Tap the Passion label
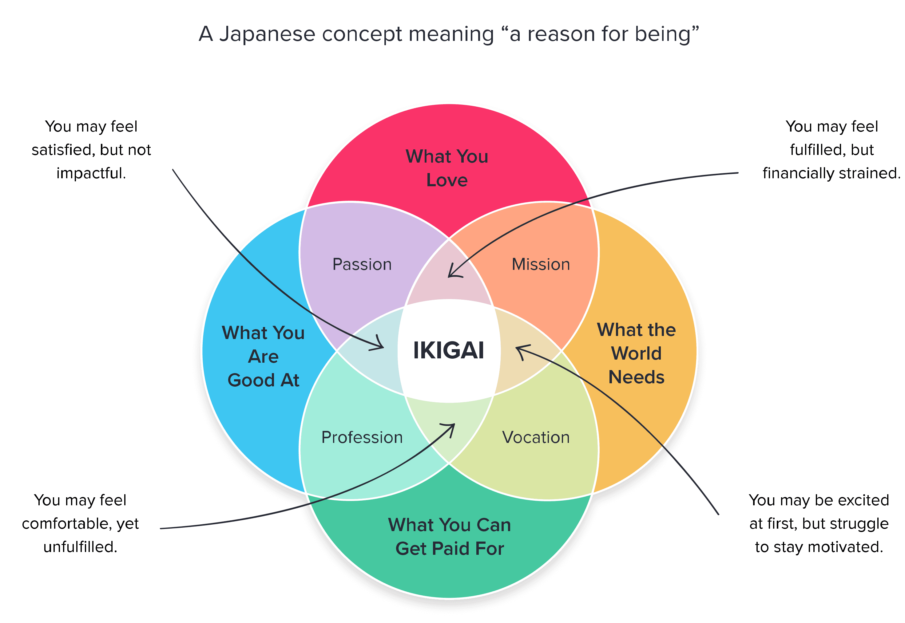(x=362, y=264)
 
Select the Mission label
(x=541, y=264)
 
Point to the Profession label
(x=362, y=437)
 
